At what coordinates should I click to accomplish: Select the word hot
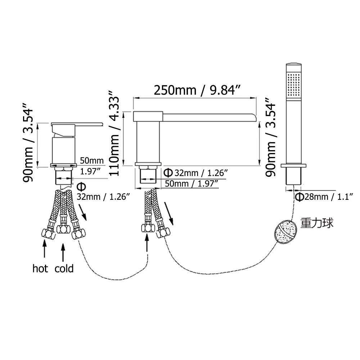[40, 269]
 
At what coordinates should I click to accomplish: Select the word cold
[64, 269]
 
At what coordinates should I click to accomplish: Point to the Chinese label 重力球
[317, 222]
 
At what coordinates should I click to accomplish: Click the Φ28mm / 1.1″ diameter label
[324, 197]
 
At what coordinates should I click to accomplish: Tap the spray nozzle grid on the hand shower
[294, 85]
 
